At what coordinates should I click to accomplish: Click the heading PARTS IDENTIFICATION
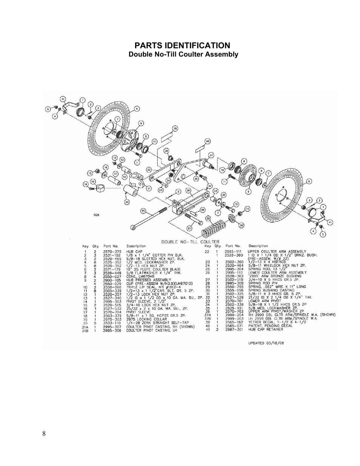(x=182, y=45)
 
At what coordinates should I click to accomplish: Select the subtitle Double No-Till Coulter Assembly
(x=183, y=54)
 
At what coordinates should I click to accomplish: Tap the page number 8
(x=44, y=434)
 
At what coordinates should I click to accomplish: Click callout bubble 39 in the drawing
(x=175, y=129)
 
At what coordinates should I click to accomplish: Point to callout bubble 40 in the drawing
(x=207, y=141)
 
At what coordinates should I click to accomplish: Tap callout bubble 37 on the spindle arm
(x=211, y=155)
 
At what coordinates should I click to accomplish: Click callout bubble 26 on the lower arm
(x=188, y=191)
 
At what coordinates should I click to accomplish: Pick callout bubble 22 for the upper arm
(x=149, y=169)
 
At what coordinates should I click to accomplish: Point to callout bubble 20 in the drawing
(x=127, y=202)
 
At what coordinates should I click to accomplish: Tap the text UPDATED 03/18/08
(x=266, y=344)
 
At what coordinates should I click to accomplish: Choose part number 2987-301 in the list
(x=234, y=329)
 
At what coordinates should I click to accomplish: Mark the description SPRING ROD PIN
(x=259, y=283)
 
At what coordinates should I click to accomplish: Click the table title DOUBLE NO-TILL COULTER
(x=190, y=242)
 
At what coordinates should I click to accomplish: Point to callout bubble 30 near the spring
(x=241, y=225)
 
